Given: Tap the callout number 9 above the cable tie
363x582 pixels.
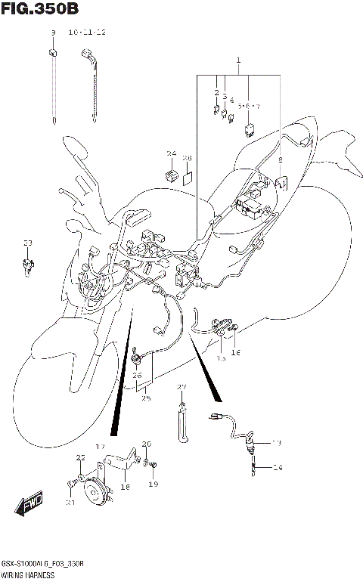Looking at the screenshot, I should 53,33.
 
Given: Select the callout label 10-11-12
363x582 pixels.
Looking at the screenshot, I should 87,33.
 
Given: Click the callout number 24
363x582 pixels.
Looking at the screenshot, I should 172,154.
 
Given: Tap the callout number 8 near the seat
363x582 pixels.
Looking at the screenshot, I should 281,160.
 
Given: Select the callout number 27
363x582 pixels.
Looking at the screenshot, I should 181,388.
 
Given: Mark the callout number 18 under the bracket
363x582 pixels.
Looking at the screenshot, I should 126,488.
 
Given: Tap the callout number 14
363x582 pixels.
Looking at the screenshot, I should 277,469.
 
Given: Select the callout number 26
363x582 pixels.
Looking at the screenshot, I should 137,375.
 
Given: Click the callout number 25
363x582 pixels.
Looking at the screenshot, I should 145,398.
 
